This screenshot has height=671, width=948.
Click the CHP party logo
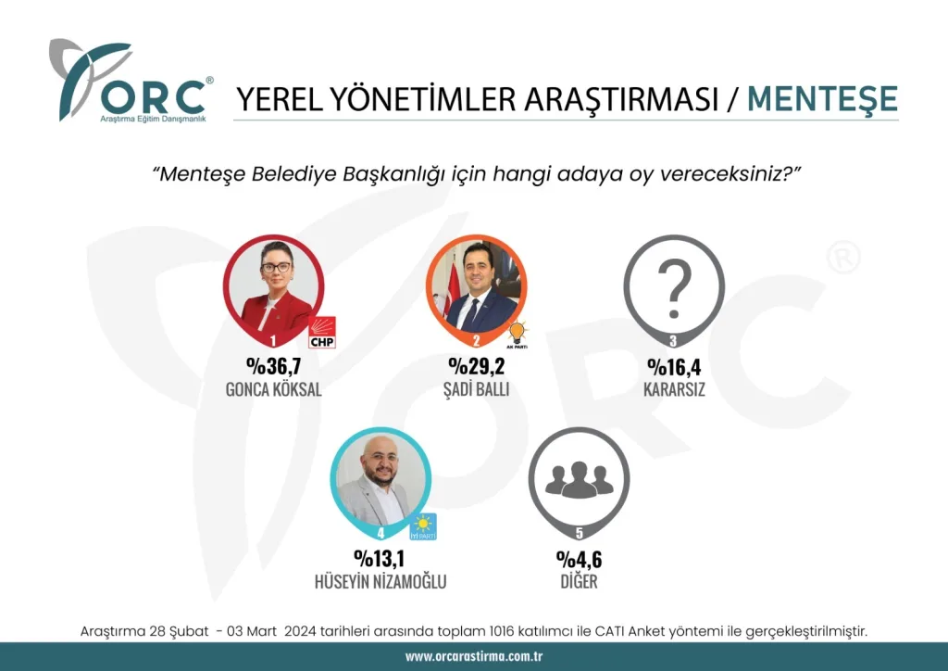click(x=321, y=332)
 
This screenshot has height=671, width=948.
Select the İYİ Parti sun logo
click(x=423, y=525)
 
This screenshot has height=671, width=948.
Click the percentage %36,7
click(x=273, y=365)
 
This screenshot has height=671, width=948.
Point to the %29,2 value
click(x=477, y=365)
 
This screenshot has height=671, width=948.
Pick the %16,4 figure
click(x=674, y=367)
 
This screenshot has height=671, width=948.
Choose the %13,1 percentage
click(x=380, y=558)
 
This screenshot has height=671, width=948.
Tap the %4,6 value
click(x=580, y=559)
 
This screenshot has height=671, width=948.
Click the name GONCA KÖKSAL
click(x=273, y=389)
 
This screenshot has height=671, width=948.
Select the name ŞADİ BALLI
click(x=477, y=388)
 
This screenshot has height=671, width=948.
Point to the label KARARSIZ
click(x=674, y=389)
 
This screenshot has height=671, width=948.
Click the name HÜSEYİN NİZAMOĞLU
click(x=380, y=581)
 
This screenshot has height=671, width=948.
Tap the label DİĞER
click(x=580, y=581)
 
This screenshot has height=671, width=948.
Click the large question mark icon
click(x=675, y=288)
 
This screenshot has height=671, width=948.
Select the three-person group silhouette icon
click(x=580, y=479)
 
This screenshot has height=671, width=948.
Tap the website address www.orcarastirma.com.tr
click(x=474, y=656)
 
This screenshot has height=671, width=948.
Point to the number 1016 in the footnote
click(x=500, y=632)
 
